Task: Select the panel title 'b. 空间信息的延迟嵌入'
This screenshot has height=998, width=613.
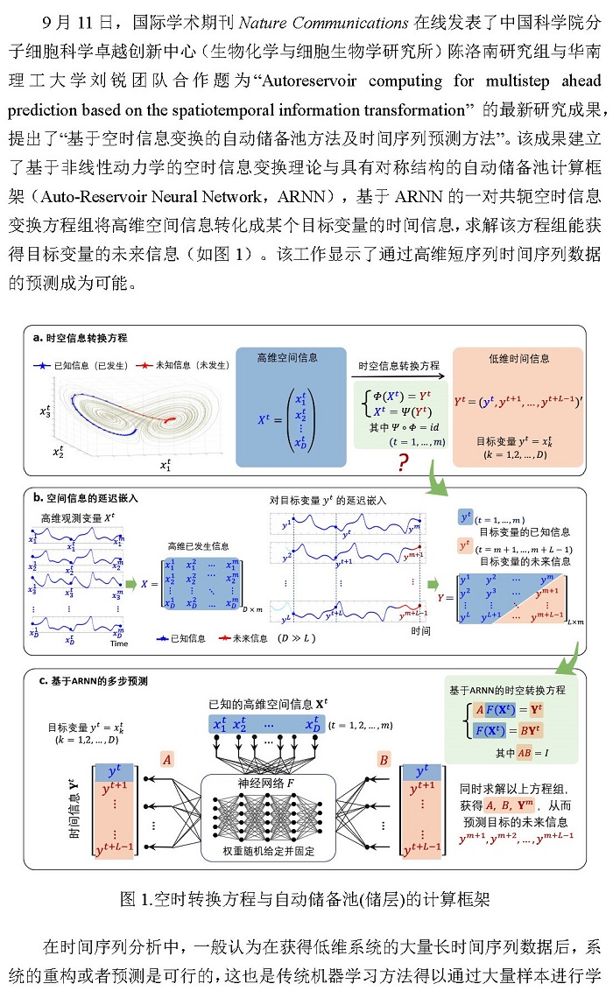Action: pyautogui.click(x=86, y=498)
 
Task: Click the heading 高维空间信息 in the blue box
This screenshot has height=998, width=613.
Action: pyautogui.click(x=287, y=358)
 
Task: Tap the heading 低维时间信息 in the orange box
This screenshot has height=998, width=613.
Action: pyautogui.click(x=519, y=359)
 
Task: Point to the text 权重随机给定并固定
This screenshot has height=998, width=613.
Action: pyautogui.click(x=269, y=852)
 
